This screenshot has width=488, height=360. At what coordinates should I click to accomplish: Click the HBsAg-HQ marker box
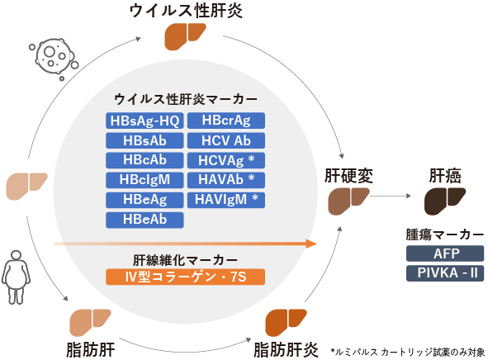tap(145, 121)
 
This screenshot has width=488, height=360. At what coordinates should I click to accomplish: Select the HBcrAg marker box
tap(226, 121)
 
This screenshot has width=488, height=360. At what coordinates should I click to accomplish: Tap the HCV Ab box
tap(226, 140)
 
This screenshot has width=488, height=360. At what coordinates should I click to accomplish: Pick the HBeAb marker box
tap(145, 220)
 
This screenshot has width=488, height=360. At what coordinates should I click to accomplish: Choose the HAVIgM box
tap(226, 200)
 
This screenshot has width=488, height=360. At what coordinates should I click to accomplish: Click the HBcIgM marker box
tap(145, 180)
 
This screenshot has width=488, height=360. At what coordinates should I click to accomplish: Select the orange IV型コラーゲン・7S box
tap(186, 277)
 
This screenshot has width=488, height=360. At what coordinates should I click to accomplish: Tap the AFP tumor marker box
tap(445, 253)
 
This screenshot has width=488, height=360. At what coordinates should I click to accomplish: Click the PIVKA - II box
tap(445, 273)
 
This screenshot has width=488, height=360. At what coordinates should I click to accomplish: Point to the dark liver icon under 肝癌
tap(444, 201)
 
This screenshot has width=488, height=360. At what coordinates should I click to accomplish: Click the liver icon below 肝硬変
tap(348, 201)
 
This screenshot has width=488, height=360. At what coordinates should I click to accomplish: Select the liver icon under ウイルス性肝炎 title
tap(185, 36)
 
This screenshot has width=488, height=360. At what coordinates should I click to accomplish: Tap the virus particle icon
tap(54, 59)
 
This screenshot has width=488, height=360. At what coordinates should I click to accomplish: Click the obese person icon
tap(16, 277)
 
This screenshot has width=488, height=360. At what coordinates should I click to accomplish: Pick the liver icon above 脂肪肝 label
tap(90, 323)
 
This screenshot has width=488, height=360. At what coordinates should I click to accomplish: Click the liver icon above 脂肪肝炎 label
tap(286, 323)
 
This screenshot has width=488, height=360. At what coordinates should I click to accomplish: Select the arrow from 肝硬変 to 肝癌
tap(391, 196)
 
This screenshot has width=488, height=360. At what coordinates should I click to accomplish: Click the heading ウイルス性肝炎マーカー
tap(186, 100)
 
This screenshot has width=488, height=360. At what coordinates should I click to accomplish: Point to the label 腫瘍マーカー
tap(445, 234)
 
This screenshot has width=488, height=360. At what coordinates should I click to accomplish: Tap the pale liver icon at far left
tap(26, 187)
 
